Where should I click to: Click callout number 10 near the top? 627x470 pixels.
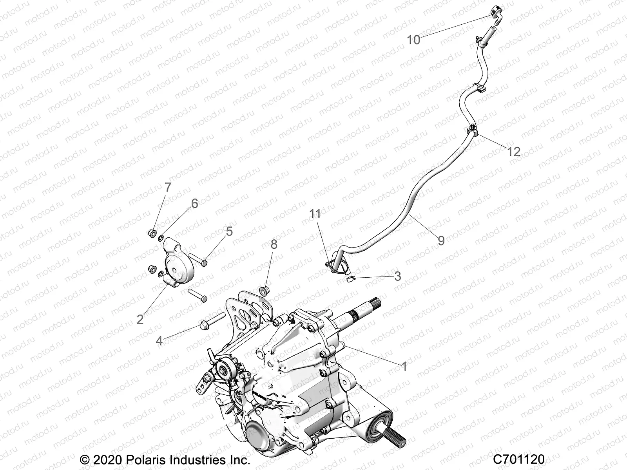click(x=413, y=40)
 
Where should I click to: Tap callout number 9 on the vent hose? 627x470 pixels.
click(x=441, y=240)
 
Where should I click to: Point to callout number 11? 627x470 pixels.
click(x=315, y=214)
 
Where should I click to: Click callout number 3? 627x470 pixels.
click(x=397, y=276)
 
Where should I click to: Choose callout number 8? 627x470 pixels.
click(x=274, y=244)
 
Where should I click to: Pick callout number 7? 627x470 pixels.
click(x=168, y=188)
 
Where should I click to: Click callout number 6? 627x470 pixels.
click(x=194, y=203)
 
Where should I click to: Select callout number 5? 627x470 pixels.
click(x=229, y=231)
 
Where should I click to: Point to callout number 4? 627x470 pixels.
click(x=159, y=340)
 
